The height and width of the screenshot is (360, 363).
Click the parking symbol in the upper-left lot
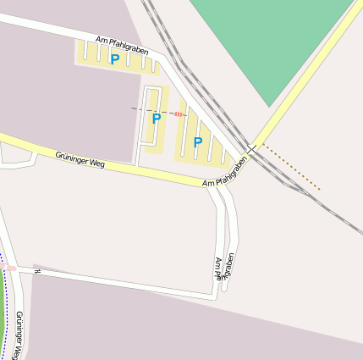[x=114, y=59]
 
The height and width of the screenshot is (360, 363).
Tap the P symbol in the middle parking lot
[x=156, y=119]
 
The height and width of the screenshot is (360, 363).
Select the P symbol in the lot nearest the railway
[x=198, y=142]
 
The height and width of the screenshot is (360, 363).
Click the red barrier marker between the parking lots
[x=179, y=114]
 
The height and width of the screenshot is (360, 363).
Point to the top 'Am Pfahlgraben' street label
[x=123, y=45]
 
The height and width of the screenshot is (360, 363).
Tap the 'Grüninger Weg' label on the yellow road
[x=80, y=158]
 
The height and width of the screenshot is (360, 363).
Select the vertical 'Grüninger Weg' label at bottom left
[x=19, y=335]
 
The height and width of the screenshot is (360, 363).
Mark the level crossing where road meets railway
[x=251, y=149]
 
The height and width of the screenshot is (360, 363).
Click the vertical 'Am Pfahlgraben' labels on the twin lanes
[x=224, y=265]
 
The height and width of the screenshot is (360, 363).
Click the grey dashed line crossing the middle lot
[x=144, y=110]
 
